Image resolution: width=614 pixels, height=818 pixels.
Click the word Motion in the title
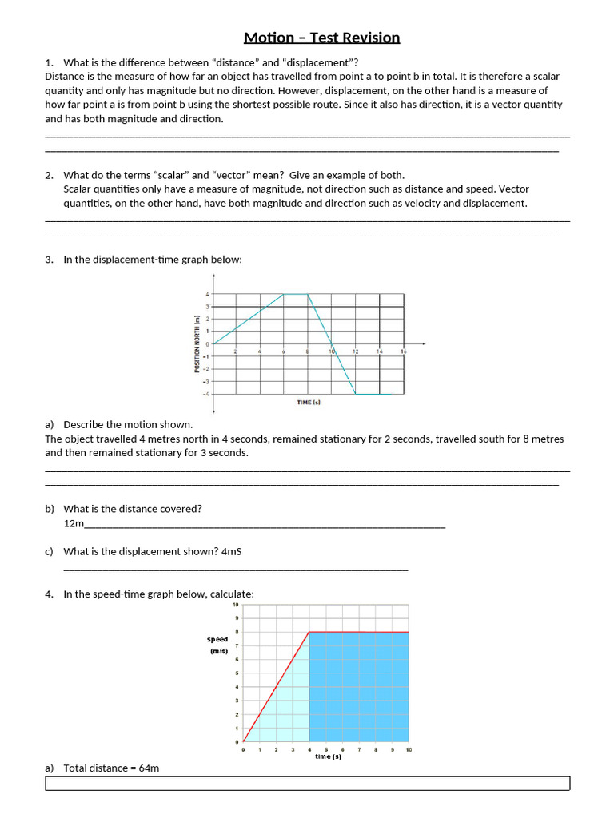point(269,38)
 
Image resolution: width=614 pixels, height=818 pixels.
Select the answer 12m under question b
point(74,523)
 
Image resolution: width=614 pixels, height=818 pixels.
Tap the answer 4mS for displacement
point(231,551)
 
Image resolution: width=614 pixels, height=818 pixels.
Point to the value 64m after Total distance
point(149,768)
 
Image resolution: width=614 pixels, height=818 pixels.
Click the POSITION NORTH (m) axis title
point(196,344)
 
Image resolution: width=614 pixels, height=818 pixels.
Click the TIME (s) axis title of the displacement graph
point(308,403)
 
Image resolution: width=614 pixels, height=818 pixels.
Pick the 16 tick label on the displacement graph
point(404,351)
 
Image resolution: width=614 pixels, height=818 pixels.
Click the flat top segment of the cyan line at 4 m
point(296,294)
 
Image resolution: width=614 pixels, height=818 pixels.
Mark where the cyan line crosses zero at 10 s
point(332,344)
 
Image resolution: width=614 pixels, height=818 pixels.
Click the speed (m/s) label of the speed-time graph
point(217,645)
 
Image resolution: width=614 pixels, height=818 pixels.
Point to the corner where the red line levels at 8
point(309,632)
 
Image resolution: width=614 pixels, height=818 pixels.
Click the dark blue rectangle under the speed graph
point(358,687)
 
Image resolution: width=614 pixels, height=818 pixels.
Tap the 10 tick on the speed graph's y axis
point(235,605)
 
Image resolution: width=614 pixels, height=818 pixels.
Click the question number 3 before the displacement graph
point(49,260)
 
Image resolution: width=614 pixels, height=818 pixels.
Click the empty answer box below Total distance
point(307,783)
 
